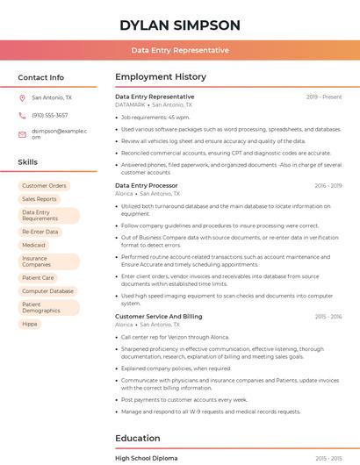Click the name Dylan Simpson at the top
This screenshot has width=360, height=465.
tap(180, 25)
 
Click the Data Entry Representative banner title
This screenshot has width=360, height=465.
tap(180, 50)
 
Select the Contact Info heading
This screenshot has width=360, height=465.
tap(41, 77)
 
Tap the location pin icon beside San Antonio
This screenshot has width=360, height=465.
tap(22, 98)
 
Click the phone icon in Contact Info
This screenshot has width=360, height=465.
tap(22, 115)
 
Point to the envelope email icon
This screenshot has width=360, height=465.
tap(22, 133)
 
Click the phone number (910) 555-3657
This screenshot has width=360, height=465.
tap(50, 115)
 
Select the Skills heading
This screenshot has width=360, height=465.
tap(28, 162)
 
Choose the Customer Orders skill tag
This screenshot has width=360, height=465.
tap(44, 186)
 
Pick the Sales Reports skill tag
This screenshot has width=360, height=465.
tap(40, 199)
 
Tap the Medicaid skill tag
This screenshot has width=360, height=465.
tap(34, 245)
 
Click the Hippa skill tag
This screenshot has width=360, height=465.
tap(30, 324)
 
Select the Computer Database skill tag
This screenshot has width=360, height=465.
tap(48, 290)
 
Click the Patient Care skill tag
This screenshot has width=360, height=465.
tap(38, 277)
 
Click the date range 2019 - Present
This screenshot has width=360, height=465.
tap(324, 97)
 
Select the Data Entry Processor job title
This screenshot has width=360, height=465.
tap(147, 186)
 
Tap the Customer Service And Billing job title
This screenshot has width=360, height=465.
tap(158, 316)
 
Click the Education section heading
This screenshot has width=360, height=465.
tap(138, 438)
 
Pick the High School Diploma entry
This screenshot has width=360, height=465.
tap(147, 458)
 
